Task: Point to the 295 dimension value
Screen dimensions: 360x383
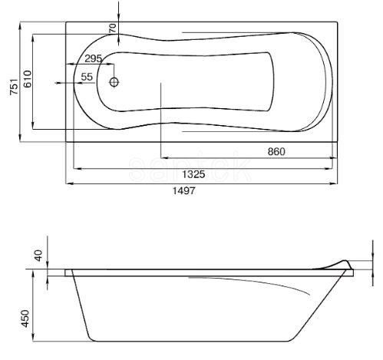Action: coord(94,59)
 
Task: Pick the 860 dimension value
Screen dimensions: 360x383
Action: coord(276,151)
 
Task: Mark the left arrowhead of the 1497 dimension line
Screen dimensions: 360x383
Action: coord(68,183)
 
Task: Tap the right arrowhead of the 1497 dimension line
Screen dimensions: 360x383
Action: coord(337,183)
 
